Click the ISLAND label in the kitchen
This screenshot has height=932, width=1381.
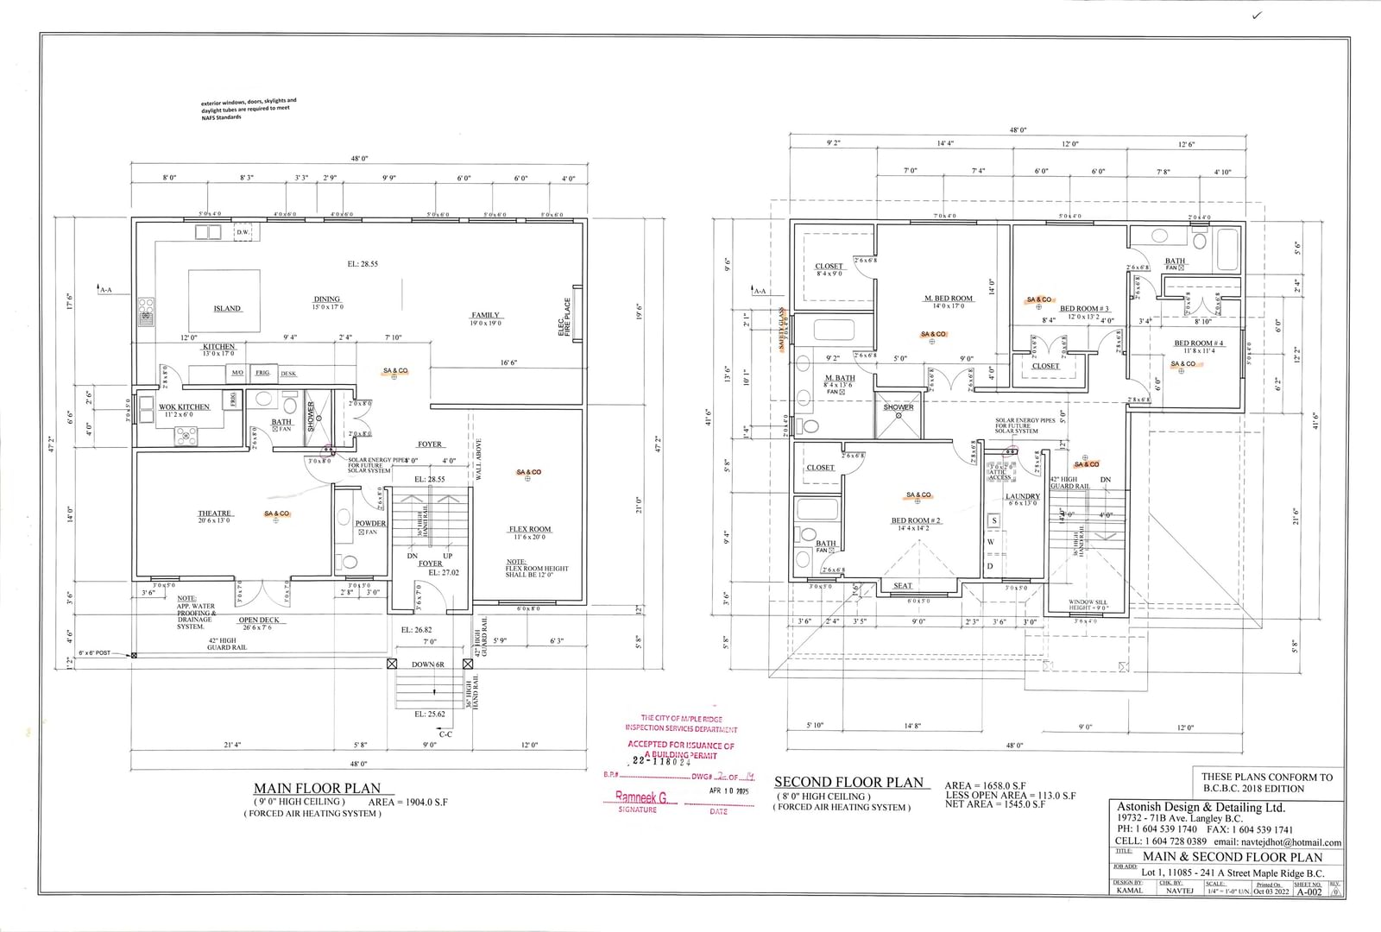pos(227,308)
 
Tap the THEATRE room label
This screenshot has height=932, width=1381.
pos(215,513)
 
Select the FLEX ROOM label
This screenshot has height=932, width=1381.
pos(529,529)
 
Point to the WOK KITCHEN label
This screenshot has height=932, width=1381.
pos(184,406)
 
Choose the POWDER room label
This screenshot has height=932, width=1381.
pos(370,523)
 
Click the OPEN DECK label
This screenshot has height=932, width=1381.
pos(259,620)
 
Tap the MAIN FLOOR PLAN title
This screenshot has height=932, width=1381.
pos(317,788)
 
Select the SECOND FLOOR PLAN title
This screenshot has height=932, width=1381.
pos(848,782)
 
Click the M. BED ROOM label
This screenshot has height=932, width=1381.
pos(949,298)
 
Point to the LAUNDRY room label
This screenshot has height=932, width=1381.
pos(1022,496)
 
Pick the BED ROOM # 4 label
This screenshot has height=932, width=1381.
pos(1198,343)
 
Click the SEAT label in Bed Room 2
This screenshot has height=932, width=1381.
pos(902,585)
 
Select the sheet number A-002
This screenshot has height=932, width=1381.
pos(1308,891)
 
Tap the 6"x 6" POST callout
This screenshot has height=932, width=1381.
pos(95,653)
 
